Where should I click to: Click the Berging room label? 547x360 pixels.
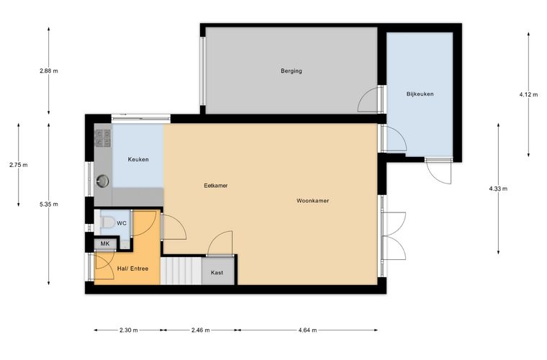click(291, 71)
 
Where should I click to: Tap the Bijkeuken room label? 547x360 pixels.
click(420, 94)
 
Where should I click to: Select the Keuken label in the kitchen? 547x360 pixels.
click(138, 159)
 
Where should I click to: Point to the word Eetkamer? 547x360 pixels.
click(216, 186)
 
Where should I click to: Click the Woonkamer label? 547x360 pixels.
click(312, 201)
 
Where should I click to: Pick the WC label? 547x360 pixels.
click(122, 223)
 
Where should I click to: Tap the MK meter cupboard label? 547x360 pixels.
click(105, 243)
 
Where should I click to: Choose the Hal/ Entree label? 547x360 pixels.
click(132, 269)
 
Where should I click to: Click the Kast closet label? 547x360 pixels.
click(217, 272)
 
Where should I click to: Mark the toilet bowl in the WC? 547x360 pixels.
click(107, 222)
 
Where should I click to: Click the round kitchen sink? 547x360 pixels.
click(102, 181)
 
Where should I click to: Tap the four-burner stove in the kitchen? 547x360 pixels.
click(103, 138)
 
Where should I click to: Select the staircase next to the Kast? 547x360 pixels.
click(181, 271)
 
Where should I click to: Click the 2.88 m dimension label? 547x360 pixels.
click(49, 71)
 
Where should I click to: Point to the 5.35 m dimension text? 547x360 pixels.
click(49, 204)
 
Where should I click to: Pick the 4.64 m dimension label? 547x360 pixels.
click(308, 330)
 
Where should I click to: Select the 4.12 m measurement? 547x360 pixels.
click(528, 94)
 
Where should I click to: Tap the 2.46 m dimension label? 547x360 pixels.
click(201, 330)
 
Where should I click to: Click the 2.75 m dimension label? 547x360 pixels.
click(19, 165)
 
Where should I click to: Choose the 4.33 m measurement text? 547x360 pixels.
click(498, 189)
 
